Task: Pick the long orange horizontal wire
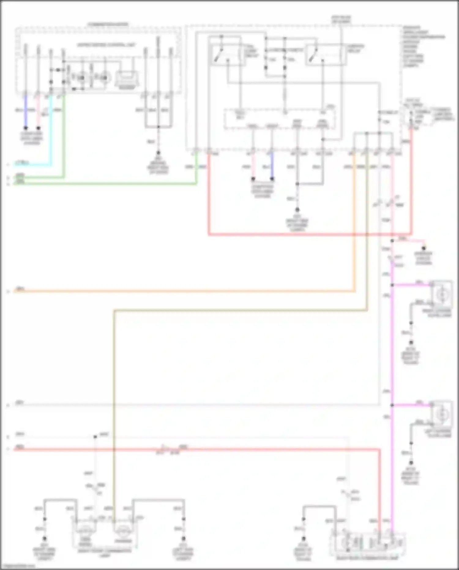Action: click(x=184, y=291)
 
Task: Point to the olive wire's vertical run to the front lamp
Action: click(x=114, y=398)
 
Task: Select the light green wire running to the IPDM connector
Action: click(x=107, y=184)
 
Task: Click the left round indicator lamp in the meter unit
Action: click(x=81, y=78)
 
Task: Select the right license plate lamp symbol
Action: click(x=442, y=294)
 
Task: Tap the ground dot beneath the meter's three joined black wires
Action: click(x=158, y=152)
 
